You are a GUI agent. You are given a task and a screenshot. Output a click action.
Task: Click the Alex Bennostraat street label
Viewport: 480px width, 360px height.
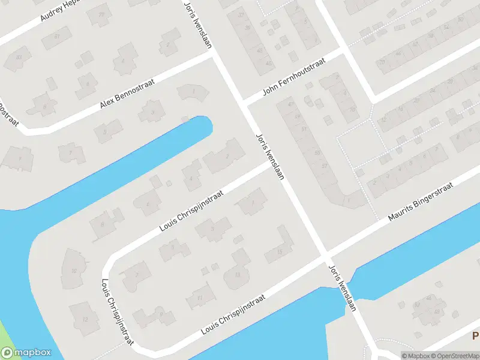(x=127, y=94)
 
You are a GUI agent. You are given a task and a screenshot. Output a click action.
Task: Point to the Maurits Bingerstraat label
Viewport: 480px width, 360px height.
(x=419, y=204)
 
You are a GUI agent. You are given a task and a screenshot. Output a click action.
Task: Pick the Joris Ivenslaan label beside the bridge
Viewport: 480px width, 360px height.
(x=343, y=287)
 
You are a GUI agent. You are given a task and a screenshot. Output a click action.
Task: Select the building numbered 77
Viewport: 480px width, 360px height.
(x=100, y=14)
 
